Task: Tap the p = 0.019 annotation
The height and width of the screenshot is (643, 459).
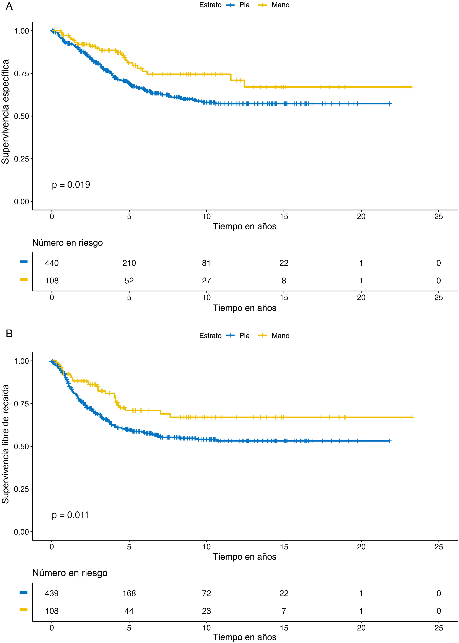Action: point(71,185)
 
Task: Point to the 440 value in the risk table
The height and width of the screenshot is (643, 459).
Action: point(52,263)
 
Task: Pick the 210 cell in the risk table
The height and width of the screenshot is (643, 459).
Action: point(129,263)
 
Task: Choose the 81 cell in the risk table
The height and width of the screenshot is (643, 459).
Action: point(206,263)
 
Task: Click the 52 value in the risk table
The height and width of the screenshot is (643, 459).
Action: point(129,281)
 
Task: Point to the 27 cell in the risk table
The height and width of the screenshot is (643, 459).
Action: point(206,281)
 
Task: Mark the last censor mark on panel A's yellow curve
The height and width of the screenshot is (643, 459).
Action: point(412,87)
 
